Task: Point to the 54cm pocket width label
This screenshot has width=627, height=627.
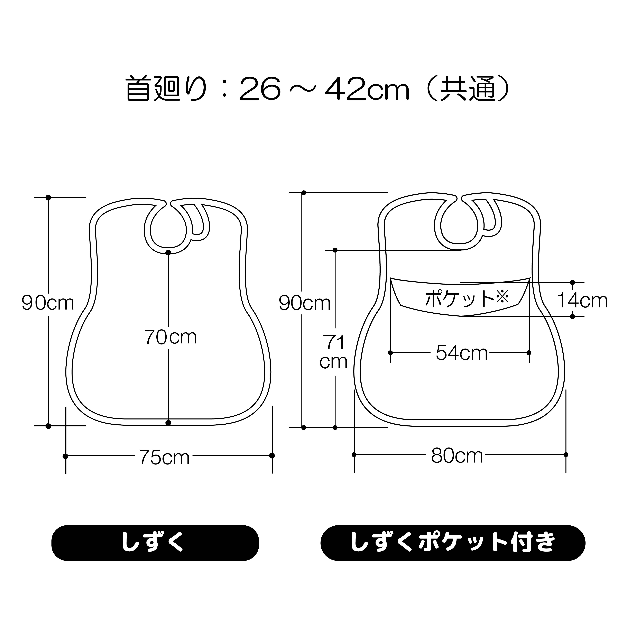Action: point(461,353)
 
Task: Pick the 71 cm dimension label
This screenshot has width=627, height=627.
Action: point(334,352)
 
